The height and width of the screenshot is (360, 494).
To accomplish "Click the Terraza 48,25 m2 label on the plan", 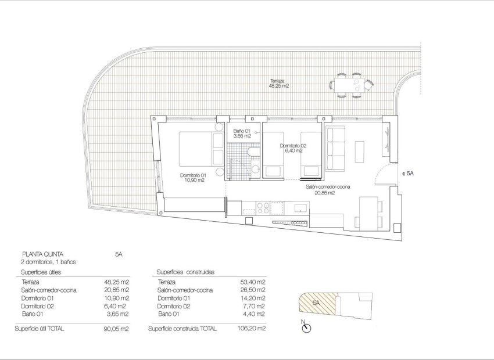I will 278,83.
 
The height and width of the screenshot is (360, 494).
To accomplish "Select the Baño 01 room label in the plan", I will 241,134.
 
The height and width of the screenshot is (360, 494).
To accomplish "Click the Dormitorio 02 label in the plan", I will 292,148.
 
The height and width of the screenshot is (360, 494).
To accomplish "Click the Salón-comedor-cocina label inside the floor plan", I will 328,189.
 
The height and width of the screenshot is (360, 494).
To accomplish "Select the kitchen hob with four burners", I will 263,207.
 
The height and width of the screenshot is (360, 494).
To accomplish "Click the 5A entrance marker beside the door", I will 409,173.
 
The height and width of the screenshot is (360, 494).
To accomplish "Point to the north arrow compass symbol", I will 306,328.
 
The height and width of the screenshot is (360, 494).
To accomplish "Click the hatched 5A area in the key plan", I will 317,304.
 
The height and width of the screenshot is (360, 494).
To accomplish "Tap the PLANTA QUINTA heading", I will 42,254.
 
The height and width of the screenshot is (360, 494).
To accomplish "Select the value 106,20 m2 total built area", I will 253,329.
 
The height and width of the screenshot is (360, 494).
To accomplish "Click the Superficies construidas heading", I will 186,272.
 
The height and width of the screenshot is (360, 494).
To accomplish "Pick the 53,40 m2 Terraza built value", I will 253,282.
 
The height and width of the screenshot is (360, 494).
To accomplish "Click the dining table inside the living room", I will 368,212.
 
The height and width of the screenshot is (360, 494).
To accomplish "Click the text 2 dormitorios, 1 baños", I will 49,262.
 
